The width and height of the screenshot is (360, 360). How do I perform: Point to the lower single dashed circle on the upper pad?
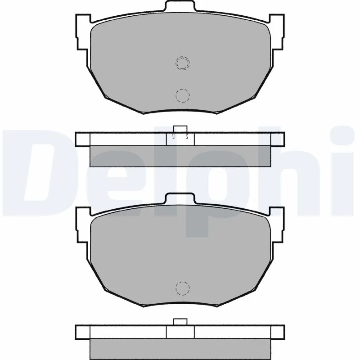[x=182, y=95]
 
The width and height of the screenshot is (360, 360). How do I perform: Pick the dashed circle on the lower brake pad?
[x=182, y=288]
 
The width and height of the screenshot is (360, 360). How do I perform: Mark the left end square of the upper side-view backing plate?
[x=83, y=139]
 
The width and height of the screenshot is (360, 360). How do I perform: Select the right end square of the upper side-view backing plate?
[x=277, y=139]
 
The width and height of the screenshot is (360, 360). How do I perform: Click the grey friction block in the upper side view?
[x=180, y=156]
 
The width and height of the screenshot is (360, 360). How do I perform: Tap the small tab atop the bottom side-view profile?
[x=180, y=321]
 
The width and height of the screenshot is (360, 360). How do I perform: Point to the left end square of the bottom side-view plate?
[x=83, y=332]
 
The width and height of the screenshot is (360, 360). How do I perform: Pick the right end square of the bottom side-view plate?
[x=277, y=332]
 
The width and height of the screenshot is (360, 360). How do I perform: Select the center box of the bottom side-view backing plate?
[x=180, y=332]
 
